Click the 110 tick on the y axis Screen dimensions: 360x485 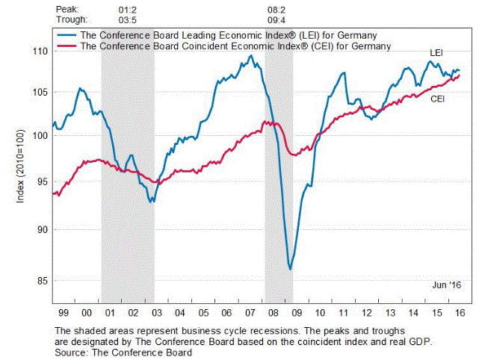[39, 51]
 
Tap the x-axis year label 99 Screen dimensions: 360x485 [64, 312]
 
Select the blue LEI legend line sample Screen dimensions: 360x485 [67, 34]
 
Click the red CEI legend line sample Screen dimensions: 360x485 [67, 45]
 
